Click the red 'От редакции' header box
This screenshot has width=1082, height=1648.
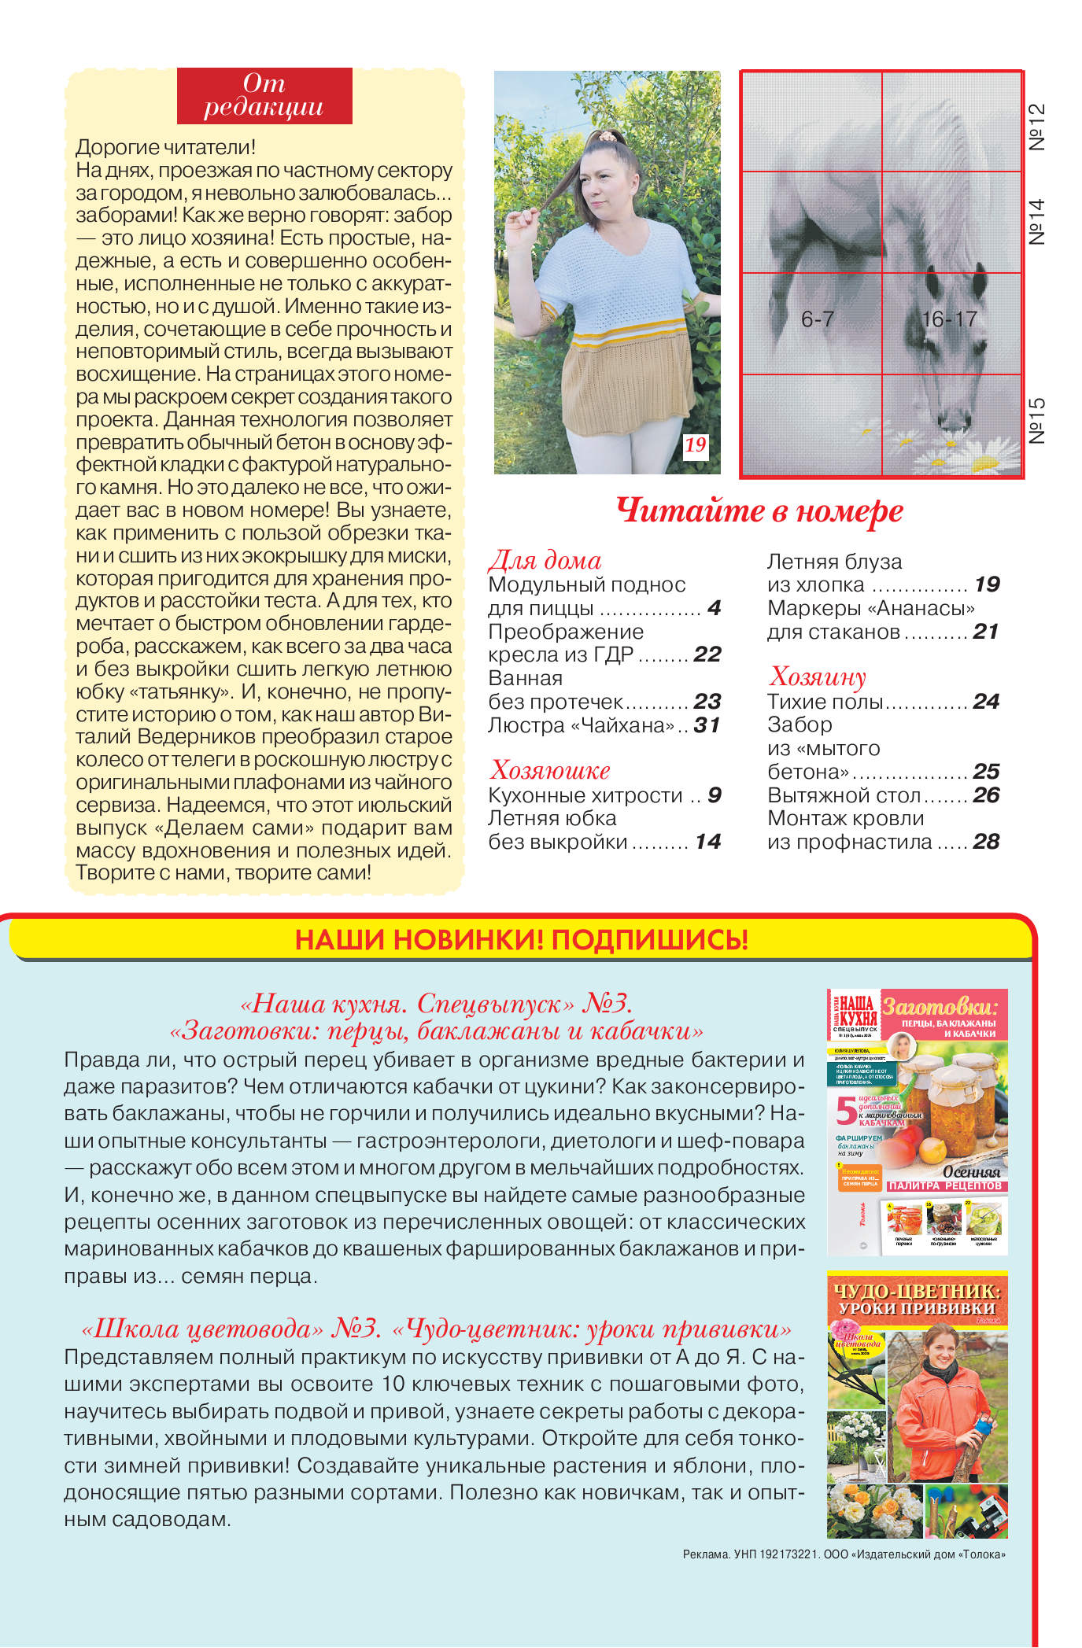pyautogui.click(x=264, y=96)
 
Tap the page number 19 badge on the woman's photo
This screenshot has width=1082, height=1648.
pyautogui.click(x=695, y=445)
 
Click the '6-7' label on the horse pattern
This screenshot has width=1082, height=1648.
pyautogui.click(x=818, y=319)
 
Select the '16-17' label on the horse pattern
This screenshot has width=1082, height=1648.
pyautogui.click(x=949, y=319)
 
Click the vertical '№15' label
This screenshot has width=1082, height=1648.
pyautogui.click(x=1037, y=421)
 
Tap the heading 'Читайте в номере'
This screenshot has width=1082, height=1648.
pyautogui.click(x=759, y=511)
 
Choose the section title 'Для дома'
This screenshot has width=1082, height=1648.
pyautogui.click(x=545, y=560)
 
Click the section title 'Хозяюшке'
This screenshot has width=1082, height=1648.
pyautogui.click(x=549, y=770)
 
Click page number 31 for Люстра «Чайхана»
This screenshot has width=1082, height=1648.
pyautogui.click(x=707, y=725)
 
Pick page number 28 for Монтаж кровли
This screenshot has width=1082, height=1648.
pyautogui.click(x=986, y=842)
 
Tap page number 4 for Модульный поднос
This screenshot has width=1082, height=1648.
pyautogui.click(x=714, y=608)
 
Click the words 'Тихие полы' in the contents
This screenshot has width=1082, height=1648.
pyautogui.click(x=825, y=702)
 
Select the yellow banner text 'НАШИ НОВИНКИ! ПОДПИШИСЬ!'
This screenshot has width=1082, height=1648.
pyautogui.click(x=521, y=939)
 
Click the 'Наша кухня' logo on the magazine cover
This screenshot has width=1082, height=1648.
pyautogui.click(x=853, y=1008)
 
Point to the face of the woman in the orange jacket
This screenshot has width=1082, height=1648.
pyautogui.click(x=941, y=1352)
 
